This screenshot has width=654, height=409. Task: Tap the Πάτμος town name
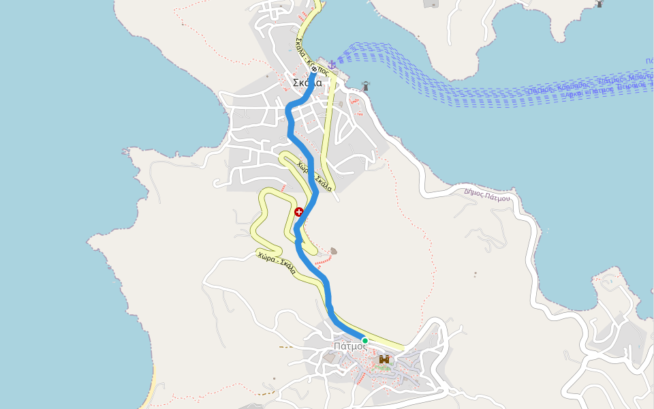pos(350,346)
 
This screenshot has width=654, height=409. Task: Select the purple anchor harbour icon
pos(332,65)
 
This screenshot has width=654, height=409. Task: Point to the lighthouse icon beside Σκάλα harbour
pos(366,87)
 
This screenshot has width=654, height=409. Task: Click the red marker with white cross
pos(298,212)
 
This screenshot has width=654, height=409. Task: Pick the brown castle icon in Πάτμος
pos(384,359)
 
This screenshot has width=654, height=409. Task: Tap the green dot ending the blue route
pos(364,340)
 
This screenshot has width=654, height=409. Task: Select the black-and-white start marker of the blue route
pos(314,69)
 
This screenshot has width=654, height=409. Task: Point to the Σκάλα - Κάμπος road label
pos(312,57)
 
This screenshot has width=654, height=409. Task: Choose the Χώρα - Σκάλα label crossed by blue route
pos(314,176)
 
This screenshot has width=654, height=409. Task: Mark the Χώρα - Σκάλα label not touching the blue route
pos(276,262)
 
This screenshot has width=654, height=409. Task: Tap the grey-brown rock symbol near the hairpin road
pos(333,250)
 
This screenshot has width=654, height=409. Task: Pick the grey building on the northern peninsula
pos(431,3)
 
